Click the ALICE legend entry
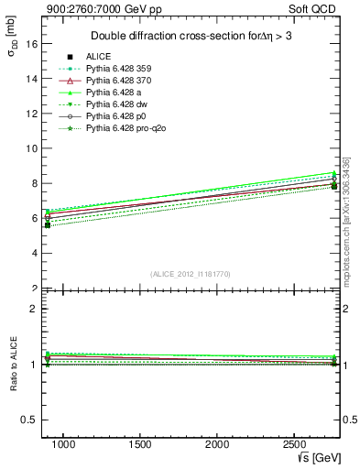pos(98,57)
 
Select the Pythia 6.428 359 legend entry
pos(119,69)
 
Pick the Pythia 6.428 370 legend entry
pos(119,81)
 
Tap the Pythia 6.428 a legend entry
pos(113,93)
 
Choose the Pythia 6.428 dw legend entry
pos(115,104)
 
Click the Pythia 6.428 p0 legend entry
pos(115,116)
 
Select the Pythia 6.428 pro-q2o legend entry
pos(125,128)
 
